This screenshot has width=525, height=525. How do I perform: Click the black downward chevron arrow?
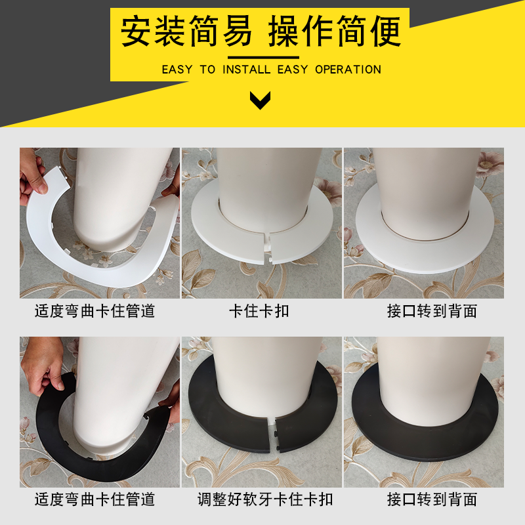pyautogui.click(x=261, y=100)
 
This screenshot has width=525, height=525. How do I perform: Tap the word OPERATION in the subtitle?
pyautogui.click(x=348, y=70)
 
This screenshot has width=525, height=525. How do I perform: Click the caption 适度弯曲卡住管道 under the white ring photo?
pyautogui.click(x=95, y=310)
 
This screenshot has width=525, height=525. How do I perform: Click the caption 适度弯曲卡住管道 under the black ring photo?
pyautogui.click(x=95, y=499)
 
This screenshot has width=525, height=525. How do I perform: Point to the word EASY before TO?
pyautogui.click(x=177, y=70)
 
